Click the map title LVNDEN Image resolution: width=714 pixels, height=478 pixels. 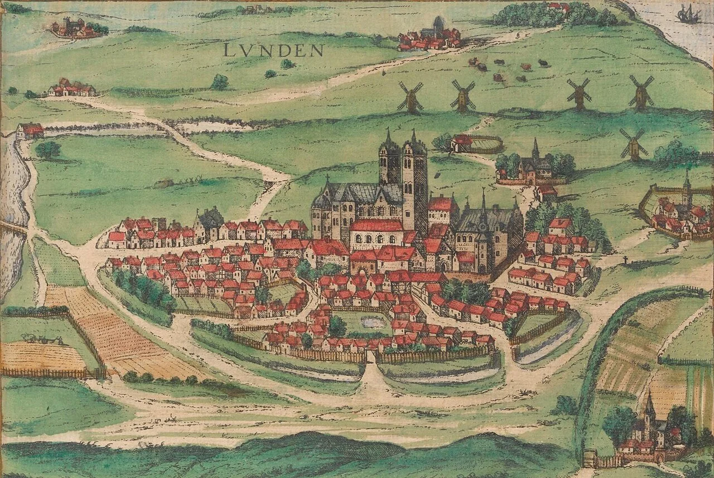273,50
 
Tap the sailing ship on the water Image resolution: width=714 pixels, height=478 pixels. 689,14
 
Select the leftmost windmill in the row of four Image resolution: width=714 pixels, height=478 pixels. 411,97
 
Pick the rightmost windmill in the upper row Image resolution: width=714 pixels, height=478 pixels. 641,93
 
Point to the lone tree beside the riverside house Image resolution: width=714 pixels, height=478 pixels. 49,149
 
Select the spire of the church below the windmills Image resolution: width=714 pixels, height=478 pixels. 535,149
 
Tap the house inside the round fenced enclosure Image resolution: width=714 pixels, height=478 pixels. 462,143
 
